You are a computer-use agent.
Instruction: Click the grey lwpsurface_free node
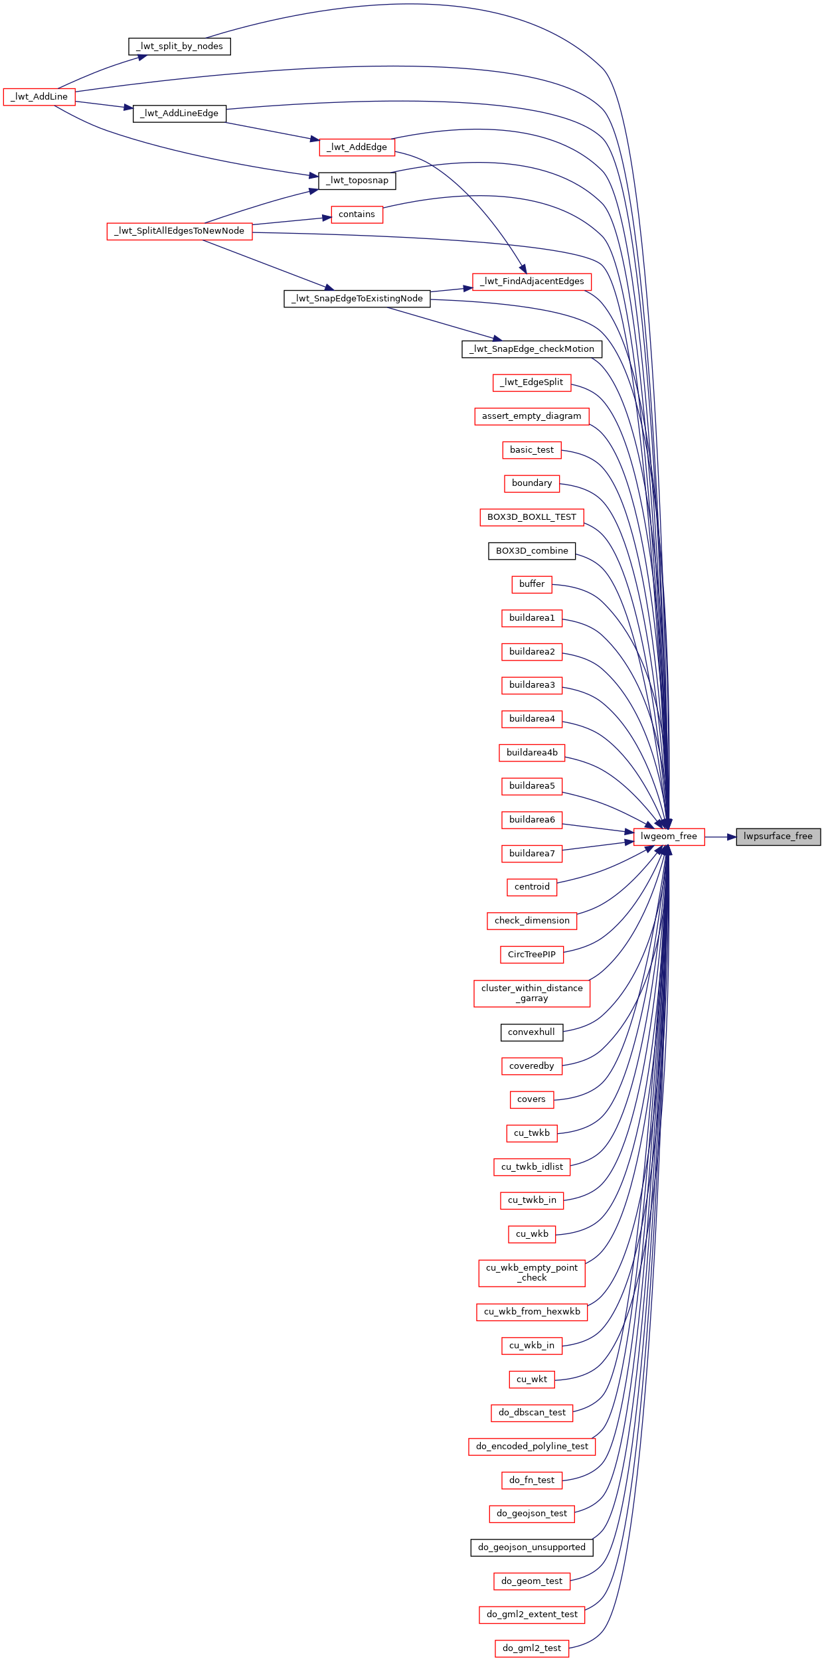point(778,836)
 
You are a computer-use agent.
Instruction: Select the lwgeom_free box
point(669,836)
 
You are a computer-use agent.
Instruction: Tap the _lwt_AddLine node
point(39,97)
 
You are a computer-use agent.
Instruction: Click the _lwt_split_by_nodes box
point(179,46)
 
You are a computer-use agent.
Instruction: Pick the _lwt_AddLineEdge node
point(179,114)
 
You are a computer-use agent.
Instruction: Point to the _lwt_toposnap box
point(357,181)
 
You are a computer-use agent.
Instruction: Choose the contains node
point(357,214)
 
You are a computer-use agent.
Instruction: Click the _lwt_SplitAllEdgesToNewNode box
point(179,231)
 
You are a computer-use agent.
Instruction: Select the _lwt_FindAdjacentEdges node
point(532,281)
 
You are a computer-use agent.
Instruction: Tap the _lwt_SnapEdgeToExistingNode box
point(357,299)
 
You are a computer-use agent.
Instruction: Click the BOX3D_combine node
point(532,551)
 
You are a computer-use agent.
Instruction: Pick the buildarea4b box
point(532,753)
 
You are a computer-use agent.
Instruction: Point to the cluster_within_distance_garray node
point(532,993)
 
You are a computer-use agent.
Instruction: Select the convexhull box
point(532,1032)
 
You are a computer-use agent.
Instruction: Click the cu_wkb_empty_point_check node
point(532,1273)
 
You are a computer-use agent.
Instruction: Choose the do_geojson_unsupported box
point(532,1547)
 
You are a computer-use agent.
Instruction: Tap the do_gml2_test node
point(532,1648)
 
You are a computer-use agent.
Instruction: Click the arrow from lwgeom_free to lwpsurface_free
point(720,837)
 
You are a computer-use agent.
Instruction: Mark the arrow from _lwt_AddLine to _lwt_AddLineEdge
point(104,105)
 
